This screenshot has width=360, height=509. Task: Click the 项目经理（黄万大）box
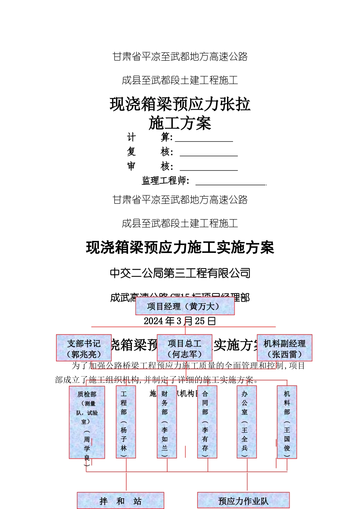185,306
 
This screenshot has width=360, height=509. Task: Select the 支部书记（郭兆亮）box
84,348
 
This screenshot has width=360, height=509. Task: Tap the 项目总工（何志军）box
185,348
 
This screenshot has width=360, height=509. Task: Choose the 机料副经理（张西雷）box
285,348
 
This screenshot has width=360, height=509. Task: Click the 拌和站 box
121,501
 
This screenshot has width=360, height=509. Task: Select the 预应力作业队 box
243,501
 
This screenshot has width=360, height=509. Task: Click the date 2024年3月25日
180,321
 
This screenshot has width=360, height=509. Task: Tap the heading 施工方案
180,123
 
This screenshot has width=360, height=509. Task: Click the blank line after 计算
204,139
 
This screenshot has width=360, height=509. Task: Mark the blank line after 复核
209,153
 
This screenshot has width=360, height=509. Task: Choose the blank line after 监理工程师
231,182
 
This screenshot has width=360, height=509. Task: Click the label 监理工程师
165,181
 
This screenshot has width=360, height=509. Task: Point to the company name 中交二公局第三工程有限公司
180,273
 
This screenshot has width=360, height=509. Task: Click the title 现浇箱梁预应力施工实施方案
180,248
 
